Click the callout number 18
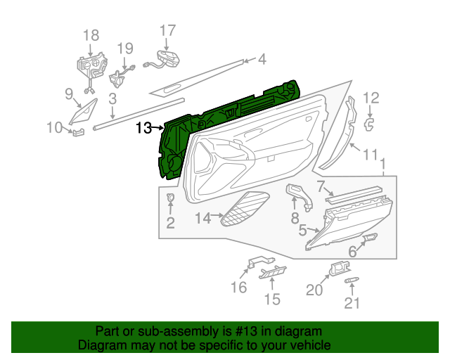pyautogui.click(x=91, y=35)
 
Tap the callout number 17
pyautogui.click(x=167, y=30)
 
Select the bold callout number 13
pyautogui.click(x=143, y=128)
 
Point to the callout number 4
pyautogui.click(x=262, y=60)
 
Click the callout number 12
pyautogui.click(x=371, y=98)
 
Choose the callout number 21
pyautogui.click(x=352, y=303)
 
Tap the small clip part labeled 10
pyautogui.click(x=77, y=131)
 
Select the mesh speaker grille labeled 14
pyautogui.click(x=244, y=210)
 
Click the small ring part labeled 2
pyautogui.click(x=170, y=198)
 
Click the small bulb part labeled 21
pyautogui.click(x=352, y=281)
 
